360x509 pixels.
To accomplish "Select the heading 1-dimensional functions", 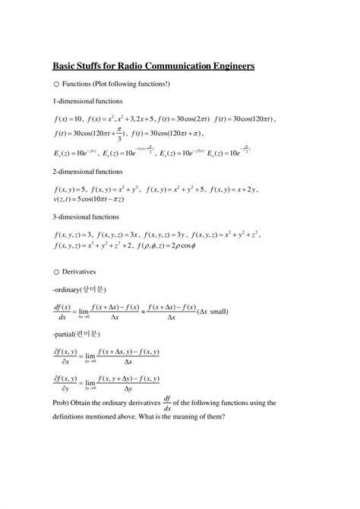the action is coord(87,101).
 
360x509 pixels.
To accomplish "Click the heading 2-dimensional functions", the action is coord(87,172).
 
